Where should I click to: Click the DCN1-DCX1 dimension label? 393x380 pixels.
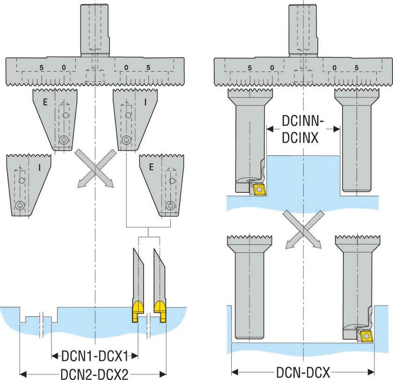click(95, 356)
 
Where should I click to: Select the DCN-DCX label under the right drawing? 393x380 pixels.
click(304, 373)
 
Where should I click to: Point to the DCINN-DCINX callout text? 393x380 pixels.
click(304, 129)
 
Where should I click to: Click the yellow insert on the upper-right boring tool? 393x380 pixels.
click(258, 189)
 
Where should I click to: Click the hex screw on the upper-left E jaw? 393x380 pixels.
click(64, 139)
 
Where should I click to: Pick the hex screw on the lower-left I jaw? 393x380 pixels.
click(19, 205)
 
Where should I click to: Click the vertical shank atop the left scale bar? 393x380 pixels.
click(95, 29)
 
